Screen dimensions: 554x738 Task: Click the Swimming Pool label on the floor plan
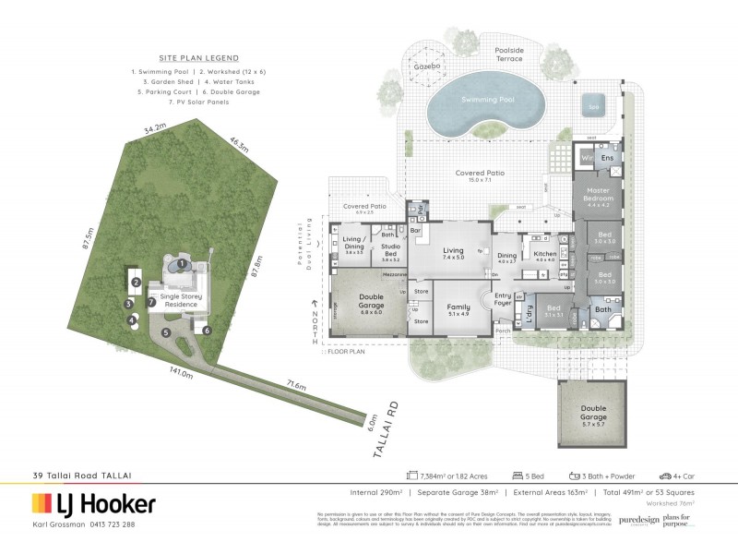click(477, 102)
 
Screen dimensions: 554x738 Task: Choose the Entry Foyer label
click(503, 297)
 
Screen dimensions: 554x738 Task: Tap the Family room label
click(458, 310)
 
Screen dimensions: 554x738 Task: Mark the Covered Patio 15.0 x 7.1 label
click(477, 175)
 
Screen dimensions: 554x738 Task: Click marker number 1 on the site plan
click(183, 264)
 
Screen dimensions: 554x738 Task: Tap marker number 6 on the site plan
click(207, 330)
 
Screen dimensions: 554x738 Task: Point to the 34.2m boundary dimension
click(141, 126)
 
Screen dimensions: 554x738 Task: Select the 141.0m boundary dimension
click(180, 373)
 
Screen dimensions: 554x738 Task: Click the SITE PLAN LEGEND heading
click(180, 56)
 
